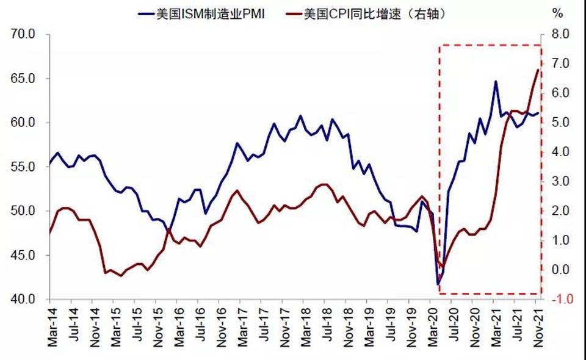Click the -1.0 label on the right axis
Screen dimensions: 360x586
[x=560, y=299]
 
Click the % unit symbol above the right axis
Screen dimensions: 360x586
[x=557, y=13]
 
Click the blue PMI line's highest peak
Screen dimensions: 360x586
[x=495, y=81]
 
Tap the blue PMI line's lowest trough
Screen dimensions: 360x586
[x=438, y=284]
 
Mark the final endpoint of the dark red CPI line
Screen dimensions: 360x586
[x=538, y=70]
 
